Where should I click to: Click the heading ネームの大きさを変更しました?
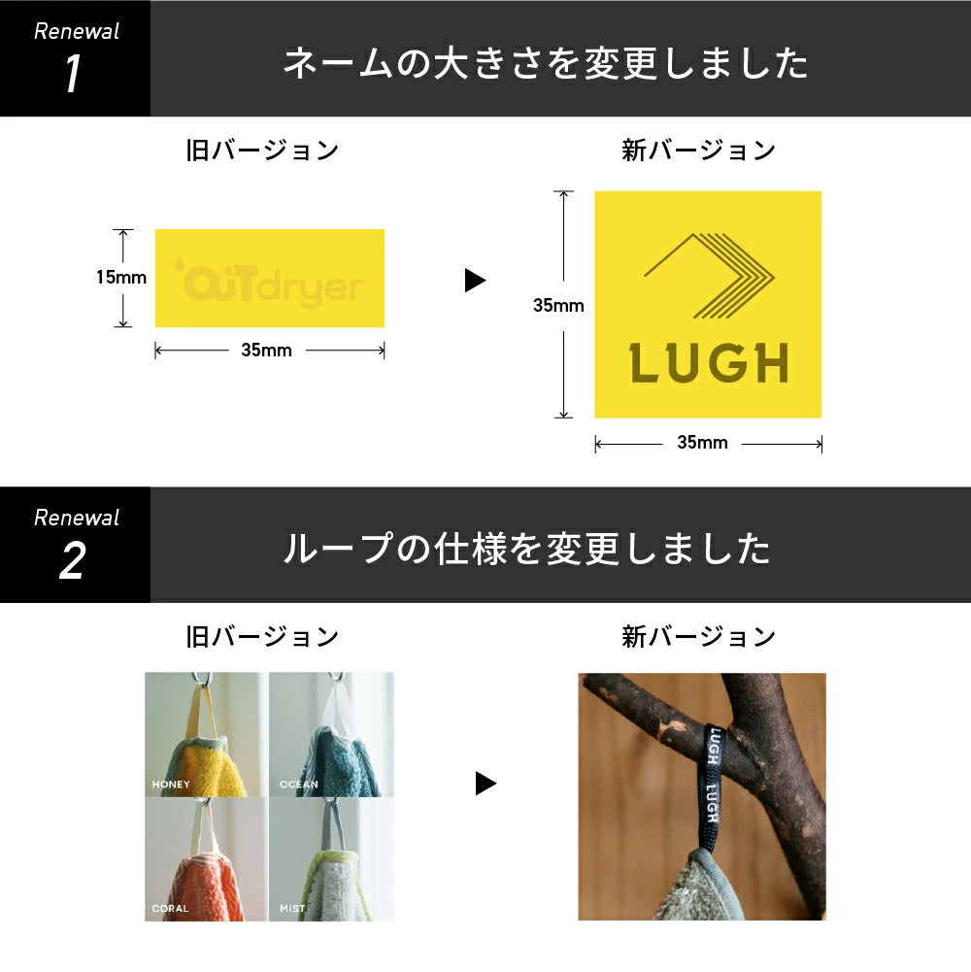point(546,64)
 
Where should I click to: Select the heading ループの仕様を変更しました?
point(526,550)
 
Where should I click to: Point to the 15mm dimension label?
point(120,278)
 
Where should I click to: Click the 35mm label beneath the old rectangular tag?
point(266,351)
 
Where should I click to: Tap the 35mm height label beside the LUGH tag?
point(558,305)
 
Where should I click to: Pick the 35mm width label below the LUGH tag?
point(702,444)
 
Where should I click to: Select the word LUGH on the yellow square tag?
point(708,364)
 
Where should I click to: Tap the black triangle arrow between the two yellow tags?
point(475,281)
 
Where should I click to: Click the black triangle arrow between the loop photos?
point(485,784)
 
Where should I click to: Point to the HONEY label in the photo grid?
point(171,784)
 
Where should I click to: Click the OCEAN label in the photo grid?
point(297,784)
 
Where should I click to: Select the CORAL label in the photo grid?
point(170,909)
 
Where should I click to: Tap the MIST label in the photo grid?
point(292,909)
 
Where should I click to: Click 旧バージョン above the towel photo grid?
point(262,637)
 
